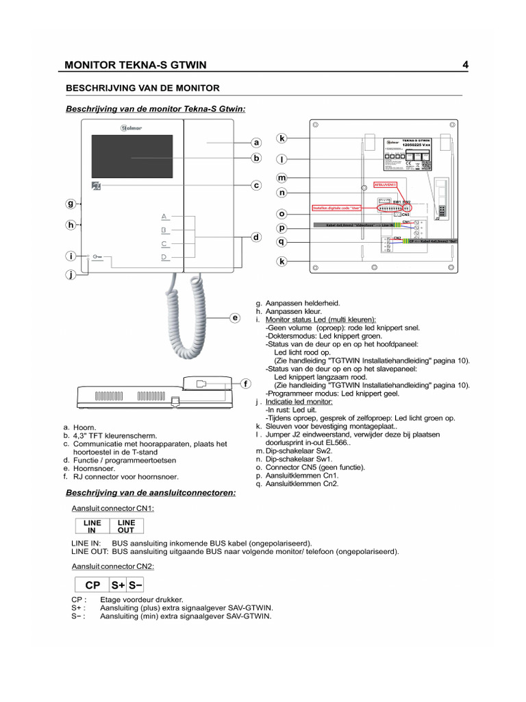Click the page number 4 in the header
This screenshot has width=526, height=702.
(x=465, y=65)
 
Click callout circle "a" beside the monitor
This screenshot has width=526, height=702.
(x=255, y=143)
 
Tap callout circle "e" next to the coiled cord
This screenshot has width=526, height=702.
(x=235, y=318)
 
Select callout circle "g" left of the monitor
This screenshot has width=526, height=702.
(x=71, y=204)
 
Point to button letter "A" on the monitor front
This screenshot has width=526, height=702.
(x=164, y=216)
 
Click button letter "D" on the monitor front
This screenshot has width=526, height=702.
(x=164, y=257)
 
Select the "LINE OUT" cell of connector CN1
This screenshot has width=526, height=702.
(x=126, y=526)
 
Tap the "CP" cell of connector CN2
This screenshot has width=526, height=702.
(x=92, y=585)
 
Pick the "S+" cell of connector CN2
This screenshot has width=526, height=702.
(x=118, y=585)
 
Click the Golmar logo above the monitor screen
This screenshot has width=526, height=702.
(x=131, y=128)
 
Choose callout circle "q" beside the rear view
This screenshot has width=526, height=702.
(x=281, y=241)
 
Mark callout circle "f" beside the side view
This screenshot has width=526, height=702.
(x=246, y=384)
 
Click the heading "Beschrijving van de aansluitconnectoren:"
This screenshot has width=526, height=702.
(x=150, y=493)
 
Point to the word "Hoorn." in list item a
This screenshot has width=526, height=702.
(x=84, y=427)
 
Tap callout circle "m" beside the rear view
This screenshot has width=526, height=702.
(x=281, y=178)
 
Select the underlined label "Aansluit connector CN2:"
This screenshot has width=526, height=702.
(x=112, y=566)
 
